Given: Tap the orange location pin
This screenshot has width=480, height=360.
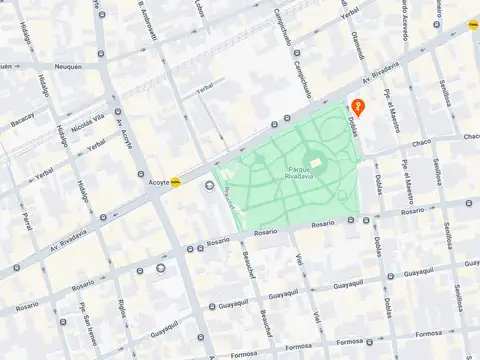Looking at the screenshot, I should [x=360, y=106].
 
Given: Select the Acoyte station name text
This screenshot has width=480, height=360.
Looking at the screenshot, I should [x=158, y=183].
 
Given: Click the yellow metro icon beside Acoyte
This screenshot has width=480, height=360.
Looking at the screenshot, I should [x=177, y=182].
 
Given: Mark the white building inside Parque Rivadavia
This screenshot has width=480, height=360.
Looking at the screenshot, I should [x=316, y=163].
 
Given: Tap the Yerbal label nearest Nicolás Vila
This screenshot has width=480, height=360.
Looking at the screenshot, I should [x=95, y=147].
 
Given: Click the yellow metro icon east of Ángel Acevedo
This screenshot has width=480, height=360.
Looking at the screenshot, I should [x=473, y=22].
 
